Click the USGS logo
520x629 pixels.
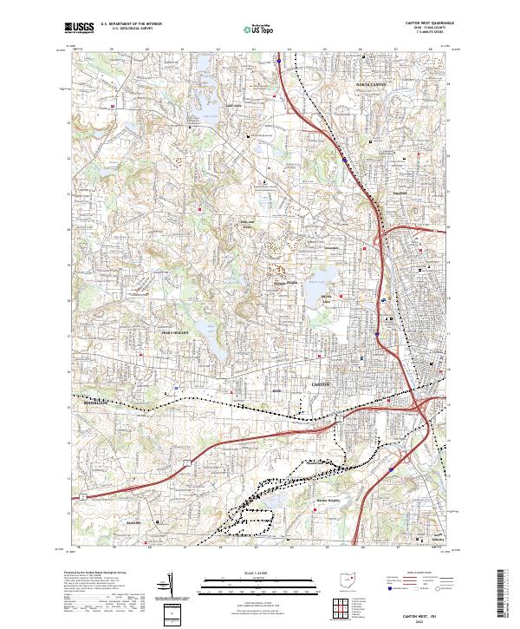80,29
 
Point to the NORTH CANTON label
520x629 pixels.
374,84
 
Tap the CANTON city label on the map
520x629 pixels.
321,383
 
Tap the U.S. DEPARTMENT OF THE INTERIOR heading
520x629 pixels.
130,24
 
